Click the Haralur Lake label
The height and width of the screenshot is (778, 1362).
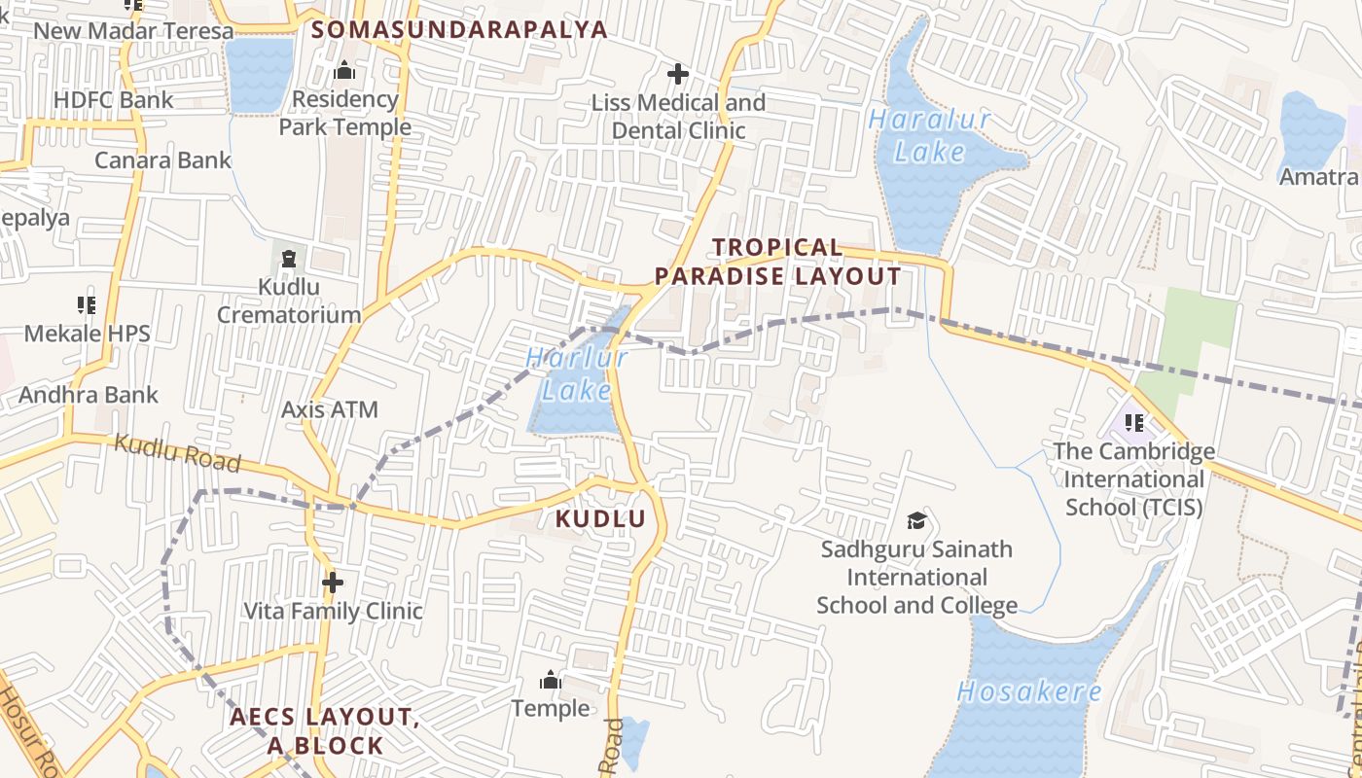pyautogui.click(x=929, y=135)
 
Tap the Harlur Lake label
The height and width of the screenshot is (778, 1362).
pyautogui.click(x=577, y=374)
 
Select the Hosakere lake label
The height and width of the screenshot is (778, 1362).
pyautogui.click(x=1029, y=692)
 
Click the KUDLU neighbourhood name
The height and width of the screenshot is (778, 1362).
pyautogui.click(x=600, y=519)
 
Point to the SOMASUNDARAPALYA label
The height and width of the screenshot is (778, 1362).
pyautogui.click(x=460, y=29)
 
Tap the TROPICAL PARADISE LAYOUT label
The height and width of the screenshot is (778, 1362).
pyautogui.click(x=777, y=263)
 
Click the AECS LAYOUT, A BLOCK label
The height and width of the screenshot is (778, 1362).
pyautogui.click(x=325, y=731)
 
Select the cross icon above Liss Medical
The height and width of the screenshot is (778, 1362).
pyautogui.click(x=678, y=74)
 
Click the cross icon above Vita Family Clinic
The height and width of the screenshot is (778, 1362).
pyautogui.click(x=333, y=583)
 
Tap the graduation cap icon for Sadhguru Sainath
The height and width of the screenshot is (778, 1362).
pyautogui.click(x=915, y=520)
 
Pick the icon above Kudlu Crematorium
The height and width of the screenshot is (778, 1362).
pyautogui.click(x=288, y=259)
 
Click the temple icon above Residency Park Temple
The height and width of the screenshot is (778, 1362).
pyautogui.click(x=344, y=71)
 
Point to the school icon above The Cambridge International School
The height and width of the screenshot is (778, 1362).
pyautogui.click(x=1133, y=423)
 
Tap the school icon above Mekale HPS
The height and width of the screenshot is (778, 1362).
pyautogui.click(x=87, y=305)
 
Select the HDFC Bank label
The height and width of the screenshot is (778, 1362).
pyautogui.click(x=114, y=99)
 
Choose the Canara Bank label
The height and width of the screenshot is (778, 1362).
pyautogui.click(x=162, y=160)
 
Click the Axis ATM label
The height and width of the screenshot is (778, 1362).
pyautogui.click(x=329, y=409)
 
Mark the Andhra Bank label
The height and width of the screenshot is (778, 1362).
pyautogui.click(x=89, y=395)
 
